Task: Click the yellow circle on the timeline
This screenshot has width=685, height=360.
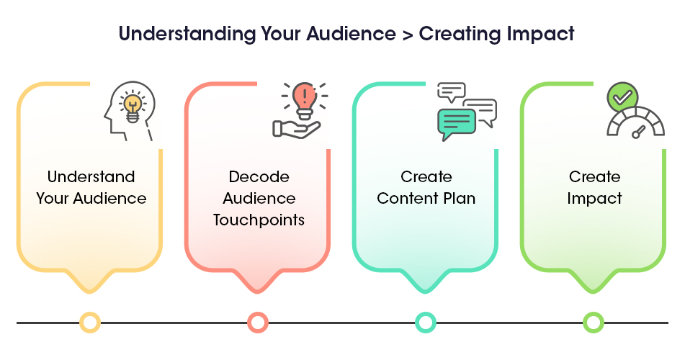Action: (90, 312)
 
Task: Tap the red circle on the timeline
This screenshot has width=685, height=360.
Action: (258, 312)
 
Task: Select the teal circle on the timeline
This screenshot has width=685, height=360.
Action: (426, 312)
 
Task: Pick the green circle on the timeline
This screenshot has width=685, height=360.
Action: (594, 312)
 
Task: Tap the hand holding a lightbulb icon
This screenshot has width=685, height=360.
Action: (297, 130)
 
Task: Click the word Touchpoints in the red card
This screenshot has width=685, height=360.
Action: (259, 220)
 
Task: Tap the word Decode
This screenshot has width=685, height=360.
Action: (259, 176)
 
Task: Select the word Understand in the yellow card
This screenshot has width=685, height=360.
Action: (91, 176)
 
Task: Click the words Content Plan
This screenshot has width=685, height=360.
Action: (426, 198)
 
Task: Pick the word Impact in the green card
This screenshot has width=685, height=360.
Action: (594, 199)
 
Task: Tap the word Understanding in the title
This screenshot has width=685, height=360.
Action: (187, 34)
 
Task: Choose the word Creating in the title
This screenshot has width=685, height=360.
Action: (460, 34)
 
